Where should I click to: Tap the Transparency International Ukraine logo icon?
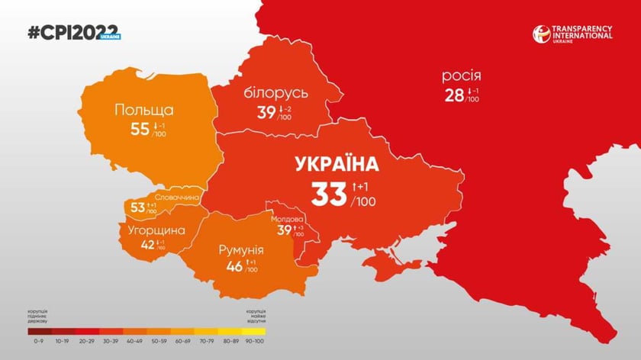[x=542, y=34]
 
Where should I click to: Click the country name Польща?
[x=143, y=110]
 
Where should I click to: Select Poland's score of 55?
[x=140, y=129]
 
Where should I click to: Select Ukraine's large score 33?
[x=329, y=194]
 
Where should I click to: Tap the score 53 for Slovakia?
[x=137, y=207]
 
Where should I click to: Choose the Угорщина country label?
[x=151, y=230]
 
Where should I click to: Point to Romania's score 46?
[x=235, y=268]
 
